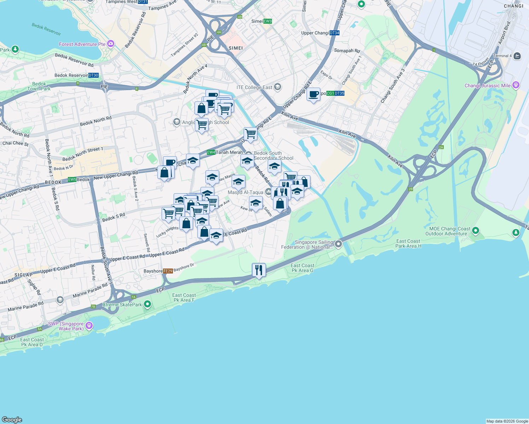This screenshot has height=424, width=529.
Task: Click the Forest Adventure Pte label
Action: tap(82, 44)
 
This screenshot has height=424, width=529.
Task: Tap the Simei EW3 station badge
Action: tap(268, 21)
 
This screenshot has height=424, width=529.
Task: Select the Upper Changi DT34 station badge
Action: tap(334, 33)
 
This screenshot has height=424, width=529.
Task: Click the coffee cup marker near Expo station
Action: tap(313, 94)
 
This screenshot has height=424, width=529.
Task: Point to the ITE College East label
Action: tap(255, 87)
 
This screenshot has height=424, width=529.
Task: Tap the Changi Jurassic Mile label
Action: tap(488, 86)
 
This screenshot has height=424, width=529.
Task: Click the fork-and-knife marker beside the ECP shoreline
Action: tap(259, 270)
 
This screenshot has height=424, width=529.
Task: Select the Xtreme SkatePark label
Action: tap(122, 305)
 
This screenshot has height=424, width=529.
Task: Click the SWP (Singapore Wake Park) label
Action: tap(66, 326)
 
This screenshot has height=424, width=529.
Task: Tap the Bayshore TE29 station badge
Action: tap(168, 271)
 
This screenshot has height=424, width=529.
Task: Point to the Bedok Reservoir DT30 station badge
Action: tap(93, 75)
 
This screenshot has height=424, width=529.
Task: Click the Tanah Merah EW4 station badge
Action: tap(211, 152)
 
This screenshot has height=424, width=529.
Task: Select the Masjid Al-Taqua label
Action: tap(245, 193)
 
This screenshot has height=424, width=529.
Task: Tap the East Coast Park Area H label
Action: tap(408, 243)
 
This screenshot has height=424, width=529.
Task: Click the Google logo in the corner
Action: tap(12, 419)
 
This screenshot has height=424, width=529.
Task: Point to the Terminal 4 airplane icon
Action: tap(517, 56)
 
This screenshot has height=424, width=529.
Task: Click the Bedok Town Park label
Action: tap(39, 87)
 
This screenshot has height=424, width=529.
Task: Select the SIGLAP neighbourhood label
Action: tap(23, 275)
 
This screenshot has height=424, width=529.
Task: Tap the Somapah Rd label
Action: tap(347, 51)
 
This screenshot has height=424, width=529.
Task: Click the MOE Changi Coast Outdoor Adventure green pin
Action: tap(476, 231)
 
